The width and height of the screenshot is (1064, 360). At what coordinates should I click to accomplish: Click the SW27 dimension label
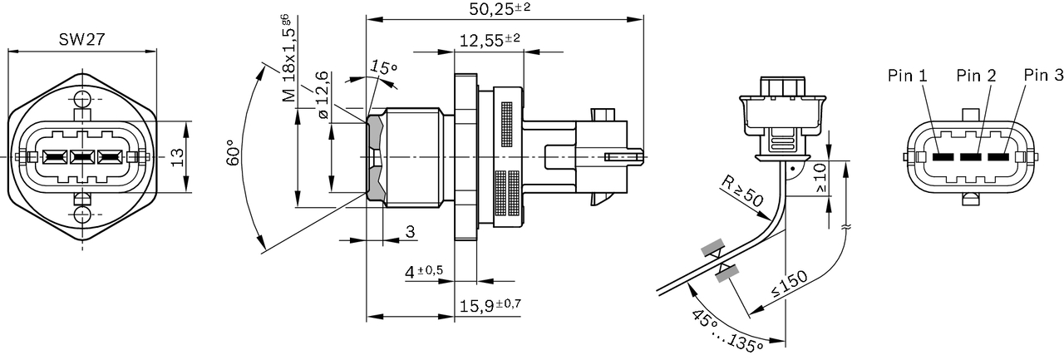[x=81, y=40]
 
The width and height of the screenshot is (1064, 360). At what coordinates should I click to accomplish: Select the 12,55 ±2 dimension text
[x=490, y=40]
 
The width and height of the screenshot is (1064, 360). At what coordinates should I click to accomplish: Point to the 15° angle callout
[x=384, y=67]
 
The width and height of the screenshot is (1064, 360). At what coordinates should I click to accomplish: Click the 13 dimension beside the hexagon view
[x=176, y=156]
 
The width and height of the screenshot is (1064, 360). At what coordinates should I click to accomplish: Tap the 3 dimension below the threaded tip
[x=409, y=232]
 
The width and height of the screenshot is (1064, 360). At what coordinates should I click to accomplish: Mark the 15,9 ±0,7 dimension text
[x=490, y=304]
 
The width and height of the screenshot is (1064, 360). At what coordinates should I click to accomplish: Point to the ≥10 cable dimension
[x=821, y=177]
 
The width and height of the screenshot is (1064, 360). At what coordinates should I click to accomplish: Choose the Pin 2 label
[x=976, y=76]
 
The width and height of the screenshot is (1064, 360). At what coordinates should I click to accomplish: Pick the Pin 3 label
[x=1043, y=76]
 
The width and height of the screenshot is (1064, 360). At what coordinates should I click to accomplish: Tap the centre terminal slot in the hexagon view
[x=81, y=156]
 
